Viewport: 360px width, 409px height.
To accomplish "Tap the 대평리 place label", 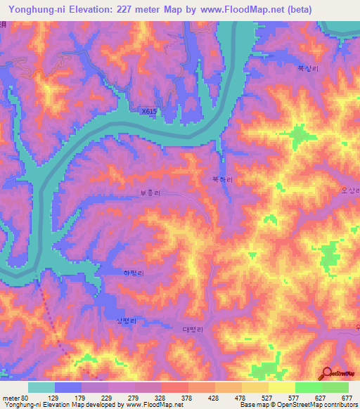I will [192, 330].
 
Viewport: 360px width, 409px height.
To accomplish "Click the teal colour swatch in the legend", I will [41, 387].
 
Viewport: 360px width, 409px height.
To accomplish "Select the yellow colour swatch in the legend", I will [282, 387].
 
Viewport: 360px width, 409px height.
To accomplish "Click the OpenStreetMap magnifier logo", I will [325, 373].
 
